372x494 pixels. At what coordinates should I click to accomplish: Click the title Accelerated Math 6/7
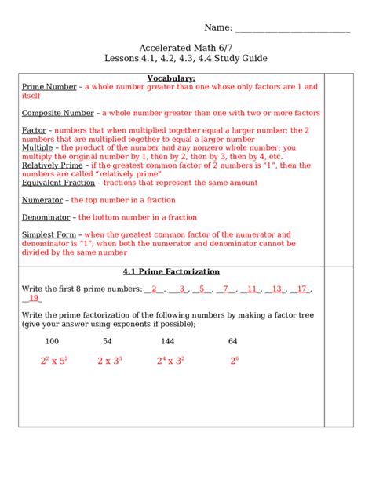(x=185, y=47)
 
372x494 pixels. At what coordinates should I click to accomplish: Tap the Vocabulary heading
(x=171, y=78)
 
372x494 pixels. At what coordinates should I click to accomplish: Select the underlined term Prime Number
(x=49, y=87)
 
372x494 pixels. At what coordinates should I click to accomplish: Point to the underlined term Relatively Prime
(x=52, y=165)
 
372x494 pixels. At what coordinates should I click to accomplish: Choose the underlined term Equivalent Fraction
(x=59, y=183)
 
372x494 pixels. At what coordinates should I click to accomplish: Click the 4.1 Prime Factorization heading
(x=171, y=271)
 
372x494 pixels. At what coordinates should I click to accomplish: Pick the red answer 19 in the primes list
(x=33, y=298)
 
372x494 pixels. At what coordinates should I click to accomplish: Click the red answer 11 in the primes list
(x=251, y=289)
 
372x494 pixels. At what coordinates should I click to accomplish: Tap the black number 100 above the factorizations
(x=52, y=341)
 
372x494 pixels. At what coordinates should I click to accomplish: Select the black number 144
(x=167, y=341)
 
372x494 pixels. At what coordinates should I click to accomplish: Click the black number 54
(x=108, y=341)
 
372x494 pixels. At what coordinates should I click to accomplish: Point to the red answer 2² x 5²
(x=54, y=361)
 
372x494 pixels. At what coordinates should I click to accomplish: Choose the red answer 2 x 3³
(x=110, y=361)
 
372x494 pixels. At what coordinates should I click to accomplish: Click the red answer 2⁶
(x=233, y=361)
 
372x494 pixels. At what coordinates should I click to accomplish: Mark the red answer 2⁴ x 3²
(x=170, y=361)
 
